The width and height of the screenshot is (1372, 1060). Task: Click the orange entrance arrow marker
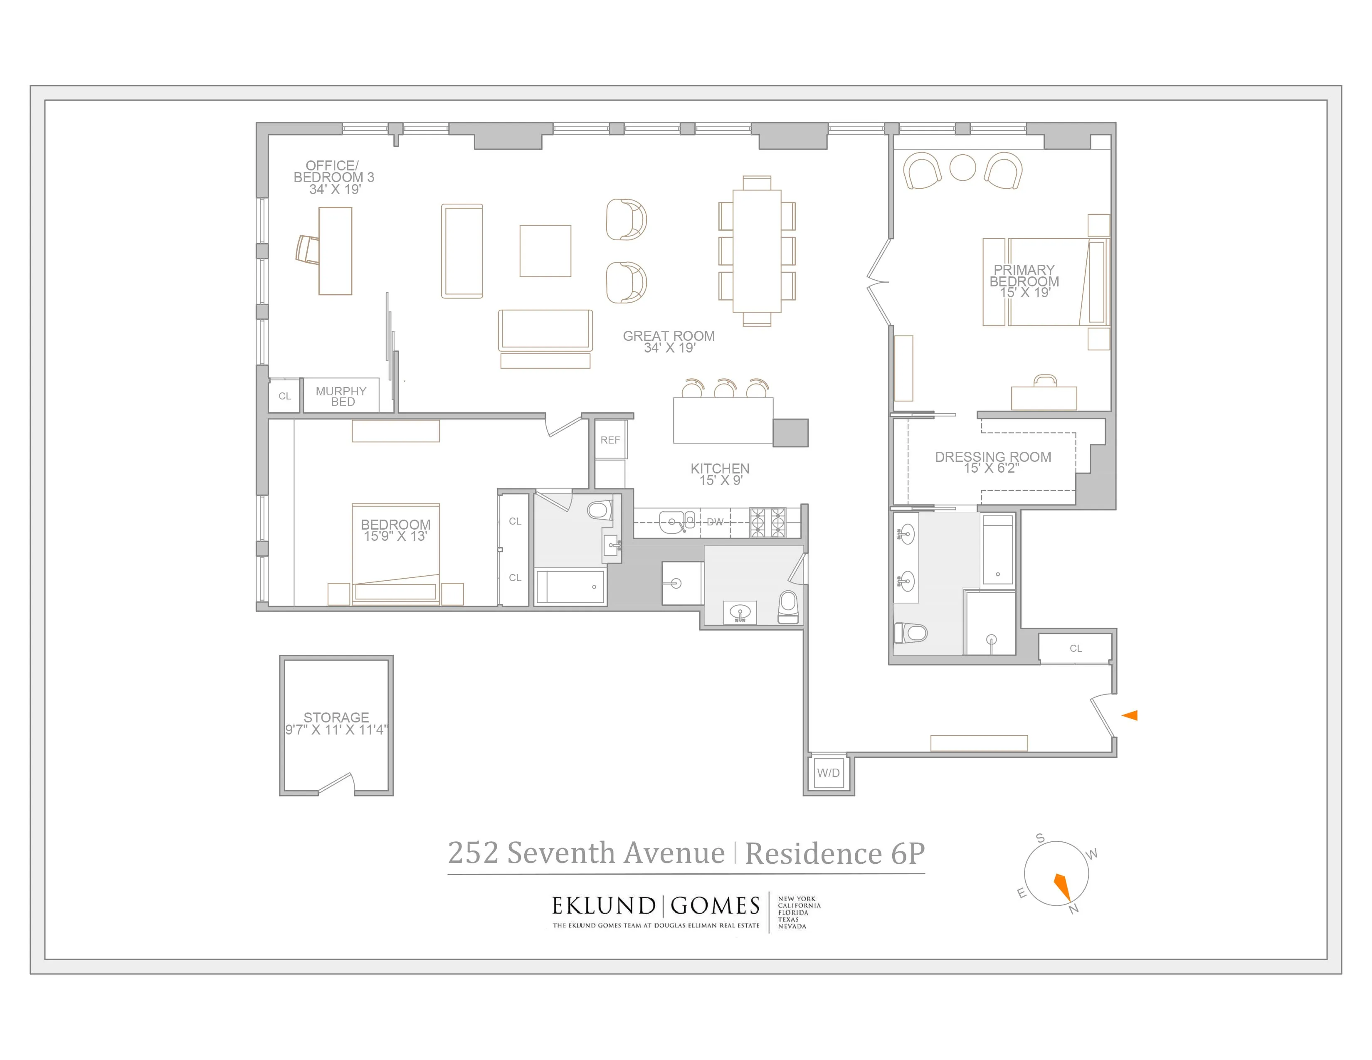1130,715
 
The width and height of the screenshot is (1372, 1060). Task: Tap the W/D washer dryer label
828,773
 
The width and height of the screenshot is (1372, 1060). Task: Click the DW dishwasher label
715,522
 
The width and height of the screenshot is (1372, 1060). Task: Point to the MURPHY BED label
341,396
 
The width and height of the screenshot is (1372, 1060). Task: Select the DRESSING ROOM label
992,457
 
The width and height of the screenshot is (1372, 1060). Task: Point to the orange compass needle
1062,887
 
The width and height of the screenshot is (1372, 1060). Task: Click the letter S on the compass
1040,838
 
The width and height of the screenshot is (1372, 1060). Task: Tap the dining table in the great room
757,251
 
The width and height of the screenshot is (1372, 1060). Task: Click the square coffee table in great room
545,251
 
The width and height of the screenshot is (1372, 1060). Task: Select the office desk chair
308,250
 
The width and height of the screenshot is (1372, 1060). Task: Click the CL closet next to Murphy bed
284,396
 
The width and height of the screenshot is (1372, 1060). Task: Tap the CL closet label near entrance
1076,648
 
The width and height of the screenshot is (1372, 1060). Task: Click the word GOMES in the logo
715,906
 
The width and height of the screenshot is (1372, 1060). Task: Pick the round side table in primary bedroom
962,168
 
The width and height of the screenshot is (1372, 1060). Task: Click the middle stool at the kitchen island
724,390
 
